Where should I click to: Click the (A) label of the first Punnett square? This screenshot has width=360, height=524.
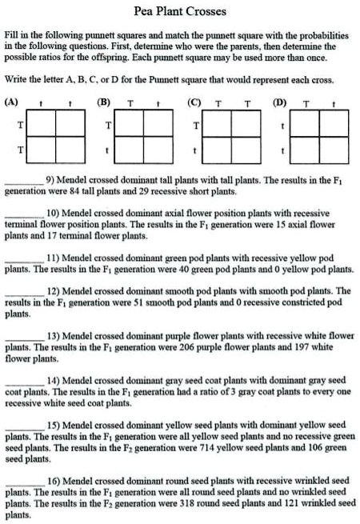[12, 102]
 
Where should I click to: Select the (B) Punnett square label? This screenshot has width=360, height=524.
[102, 102]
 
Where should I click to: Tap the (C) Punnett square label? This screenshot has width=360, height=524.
[192, 102]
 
